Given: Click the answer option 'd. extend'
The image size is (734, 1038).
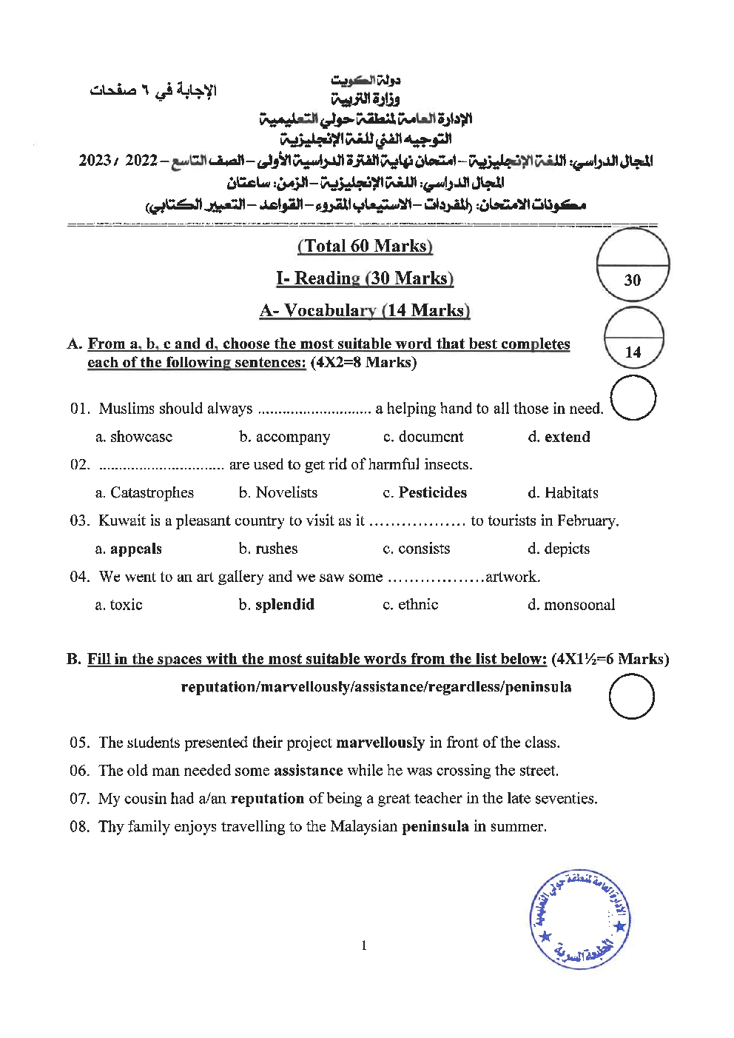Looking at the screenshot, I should click(559, 437).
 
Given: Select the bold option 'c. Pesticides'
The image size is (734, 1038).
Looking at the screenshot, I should click(425, 492).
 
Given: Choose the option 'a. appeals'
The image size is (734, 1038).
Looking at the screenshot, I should click(129, 549).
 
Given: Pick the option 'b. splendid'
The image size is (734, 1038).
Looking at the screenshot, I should click(277, 604).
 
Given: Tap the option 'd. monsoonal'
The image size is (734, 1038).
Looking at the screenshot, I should click(571, 604).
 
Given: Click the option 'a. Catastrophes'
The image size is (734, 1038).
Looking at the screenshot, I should click(144, 492).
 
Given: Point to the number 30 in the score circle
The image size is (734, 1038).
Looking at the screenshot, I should click(633, 280).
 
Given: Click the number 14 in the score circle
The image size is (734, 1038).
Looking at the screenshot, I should click(633, 352).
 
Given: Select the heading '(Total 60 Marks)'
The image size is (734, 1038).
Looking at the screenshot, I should click(365, 246).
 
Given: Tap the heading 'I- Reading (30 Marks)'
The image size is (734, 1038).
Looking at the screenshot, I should click(365, 278).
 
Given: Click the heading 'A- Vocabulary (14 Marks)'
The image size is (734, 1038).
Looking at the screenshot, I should click(365, 310).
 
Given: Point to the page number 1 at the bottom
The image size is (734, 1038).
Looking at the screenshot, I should click(364, 945).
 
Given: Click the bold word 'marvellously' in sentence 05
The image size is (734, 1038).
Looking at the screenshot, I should click(380, 743).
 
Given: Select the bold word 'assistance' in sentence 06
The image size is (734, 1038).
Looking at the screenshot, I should click(309, 771).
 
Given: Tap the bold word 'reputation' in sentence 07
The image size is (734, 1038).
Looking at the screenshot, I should click(268, 799).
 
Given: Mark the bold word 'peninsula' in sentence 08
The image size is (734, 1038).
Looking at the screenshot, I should click(435, 826).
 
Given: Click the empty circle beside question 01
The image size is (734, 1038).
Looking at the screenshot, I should click(634, 398).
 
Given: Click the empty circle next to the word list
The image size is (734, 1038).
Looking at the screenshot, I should click(631, 697).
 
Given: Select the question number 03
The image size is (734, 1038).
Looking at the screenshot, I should click(79, 520).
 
